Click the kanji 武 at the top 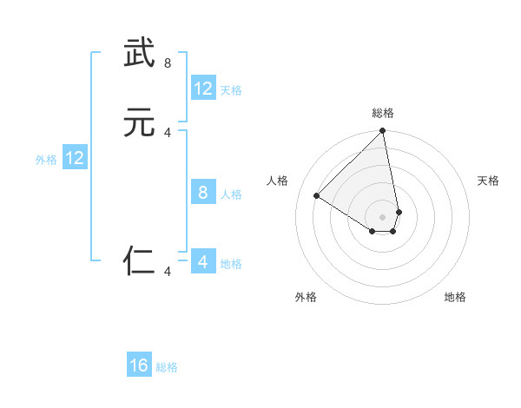click(139, 53)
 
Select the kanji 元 click(139, 122)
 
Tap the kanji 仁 click(139, 260)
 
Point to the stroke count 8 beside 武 click(168, 63)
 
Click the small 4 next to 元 click(168, 132)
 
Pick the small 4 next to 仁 click(168, 272)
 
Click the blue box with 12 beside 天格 click(203, 89)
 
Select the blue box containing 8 click(203, 193)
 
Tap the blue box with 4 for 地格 click(203, 262)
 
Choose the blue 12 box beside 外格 click(75, 158)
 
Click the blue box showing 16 click(139, 365)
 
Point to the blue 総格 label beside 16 click(167, 367)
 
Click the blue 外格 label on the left click(46, 160)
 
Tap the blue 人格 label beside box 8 click(231, 194)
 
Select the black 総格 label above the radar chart click(383, 113)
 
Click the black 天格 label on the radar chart click(488, 181)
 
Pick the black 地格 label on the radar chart click(455, 297)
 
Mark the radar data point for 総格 click(383, 132)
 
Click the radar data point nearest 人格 click(317, 196)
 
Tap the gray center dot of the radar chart click(383, 216)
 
